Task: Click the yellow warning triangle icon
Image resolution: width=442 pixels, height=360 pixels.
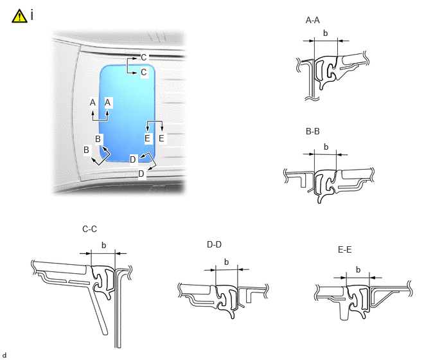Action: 19,16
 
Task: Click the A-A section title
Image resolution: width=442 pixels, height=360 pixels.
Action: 313,21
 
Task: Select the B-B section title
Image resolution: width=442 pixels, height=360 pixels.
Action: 313,132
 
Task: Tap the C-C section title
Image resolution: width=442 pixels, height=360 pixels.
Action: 90,229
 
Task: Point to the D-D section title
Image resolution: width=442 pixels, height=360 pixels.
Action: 214,245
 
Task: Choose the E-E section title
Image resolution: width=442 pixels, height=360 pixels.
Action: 344,249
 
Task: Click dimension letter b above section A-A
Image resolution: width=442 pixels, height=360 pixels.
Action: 326,33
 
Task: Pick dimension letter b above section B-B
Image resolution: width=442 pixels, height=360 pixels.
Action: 326,147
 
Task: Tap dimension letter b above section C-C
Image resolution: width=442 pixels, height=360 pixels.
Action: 103,246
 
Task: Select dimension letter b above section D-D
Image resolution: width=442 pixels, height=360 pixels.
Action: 226,262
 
